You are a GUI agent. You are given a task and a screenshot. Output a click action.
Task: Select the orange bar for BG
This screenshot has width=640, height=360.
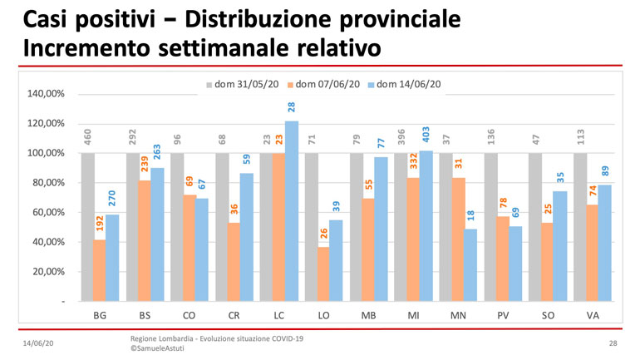[x=100, y=270]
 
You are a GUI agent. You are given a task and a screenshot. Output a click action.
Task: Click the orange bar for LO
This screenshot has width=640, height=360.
[x=323, y=274]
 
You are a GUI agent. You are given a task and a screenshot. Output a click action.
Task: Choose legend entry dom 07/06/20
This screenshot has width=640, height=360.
[x=325, y=84]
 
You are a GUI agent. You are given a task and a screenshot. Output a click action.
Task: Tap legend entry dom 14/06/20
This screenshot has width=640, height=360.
[x=406, y=84]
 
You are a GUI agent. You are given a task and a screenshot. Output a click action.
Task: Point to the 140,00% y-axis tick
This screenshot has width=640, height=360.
[x=47, y=94]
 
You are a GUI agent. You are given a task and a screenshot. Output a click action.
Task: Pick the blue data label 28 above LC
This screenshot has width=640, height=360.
[x=292, y=107]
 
